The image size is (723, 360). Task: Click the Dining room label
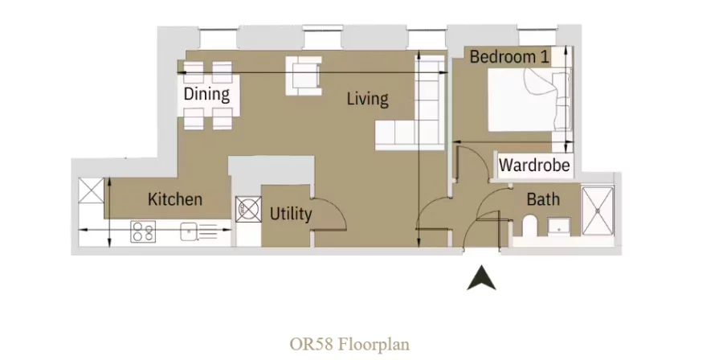(206, 94)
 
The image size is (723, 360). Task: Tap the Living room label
(367, 99)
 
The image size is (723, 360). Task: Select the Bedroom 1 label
(509, 57)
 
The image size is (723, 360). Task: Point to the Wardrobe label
(534, 166)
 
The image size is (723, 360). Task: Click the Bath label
(543, 199)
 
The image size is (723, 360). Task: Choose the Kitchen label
(174, 198)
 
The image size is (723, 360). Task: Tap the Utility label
(290, 215)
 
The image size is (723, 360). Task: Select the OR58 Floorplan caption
(349, 344)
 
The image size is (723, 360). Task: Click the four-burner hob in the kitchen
(143, 232)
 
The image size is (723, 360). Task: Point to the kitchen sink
(190, 232)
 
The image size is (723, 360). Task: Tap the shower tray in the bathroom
(598, 212)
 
